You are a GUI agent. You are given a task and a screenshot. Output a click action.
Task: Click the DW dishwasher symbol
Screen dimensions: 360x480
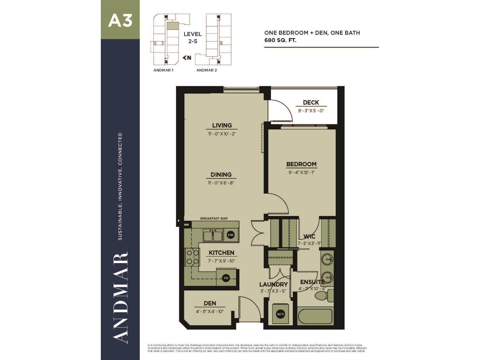(230, 235)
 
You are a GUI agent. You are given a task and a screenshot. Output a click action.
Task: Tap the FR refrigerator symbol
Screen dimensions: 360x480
(226, 278)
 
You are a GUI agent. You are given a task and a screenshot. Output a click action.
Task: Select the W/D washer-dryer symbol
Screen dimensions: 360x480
(280, 314)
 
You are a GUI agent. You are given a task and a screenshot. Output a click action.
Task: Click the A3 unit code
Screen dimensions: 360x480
(120, 21)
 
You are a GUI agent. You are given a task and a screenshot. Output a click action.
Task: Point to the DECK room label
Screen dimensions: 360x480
(311, 103)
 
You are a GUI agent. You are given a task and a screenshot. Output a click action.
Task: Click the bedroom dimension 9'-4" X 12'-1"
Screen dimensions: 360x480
(301, 172)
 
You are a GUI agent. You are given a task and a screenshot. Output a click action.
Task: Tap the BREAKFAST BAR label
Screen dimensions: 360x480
(214, 218)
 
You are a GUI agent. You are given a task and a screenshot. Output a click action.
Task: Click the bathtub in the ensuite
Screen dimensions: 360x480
(315, 316)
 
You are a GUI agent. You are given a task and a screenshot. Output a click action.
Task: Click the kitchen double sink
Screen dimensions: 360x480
(213, 236)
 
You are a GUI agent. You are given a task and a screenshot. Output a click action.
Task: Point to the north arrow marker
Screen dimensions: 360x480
(187, 58)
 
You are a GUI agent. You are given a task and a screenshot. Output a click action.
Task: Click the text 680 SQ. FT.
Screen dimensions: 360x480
(280, 40)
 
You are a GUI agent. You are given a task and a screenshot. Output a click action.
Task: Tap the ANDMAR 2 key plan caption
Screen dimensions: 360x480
(206, 70)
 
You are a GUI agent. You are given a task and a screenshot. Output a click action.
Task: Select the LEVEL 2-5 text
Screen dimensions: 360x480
(193, 37)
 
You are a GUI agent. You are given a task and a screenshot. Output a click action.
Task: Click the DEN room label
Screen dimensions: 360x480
(210, 303)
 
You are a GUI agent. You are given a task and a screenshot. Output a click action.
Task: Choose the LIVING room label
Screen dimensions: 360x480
(222, 125)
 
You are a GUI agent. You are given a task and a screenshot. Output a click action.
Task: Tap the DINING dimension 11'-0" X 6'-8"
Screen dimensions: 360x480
(221, 183)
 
